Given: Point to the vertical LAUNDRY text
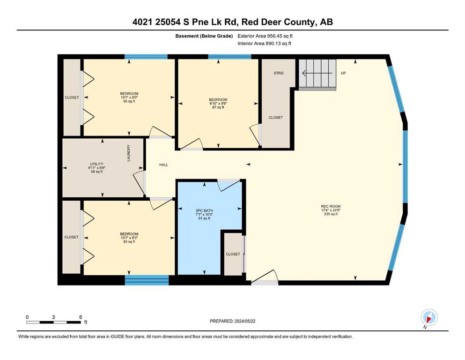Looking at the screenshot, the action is (129, 153).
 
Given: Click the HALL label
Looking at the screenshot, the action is (163, 165).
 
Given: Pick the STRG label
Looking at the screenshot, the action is (279, 73).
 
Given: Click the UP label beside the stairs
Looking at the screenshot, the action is (343, 73).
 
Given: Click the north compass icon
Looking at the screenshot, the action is (429, 317).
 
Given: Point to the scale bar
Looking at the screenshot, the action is (53, 322).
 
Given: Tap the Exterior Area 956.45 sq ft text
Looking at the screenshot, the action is (265, 36).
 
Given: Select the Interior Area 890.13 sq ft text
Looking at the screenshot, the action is (264, 43).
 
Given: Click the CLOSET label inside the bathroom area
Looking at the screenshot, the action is (233, 254).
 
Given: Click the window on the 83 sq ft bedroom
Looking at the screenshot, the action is (147, 280).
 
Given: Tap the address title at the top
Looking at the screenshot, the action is (232, 22).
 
